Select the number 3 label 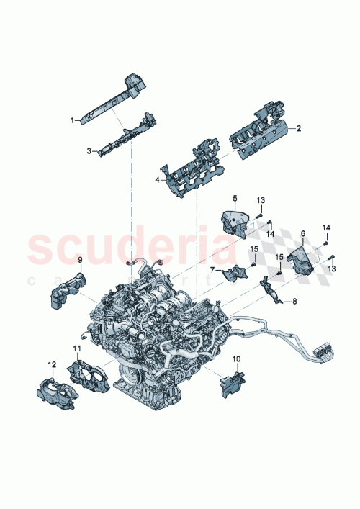coord(89,151)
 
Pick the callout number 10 coord(235,357)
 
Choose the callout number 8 coord(294,302)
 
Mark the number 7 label coord(212,271)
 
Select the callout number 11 coord(76,348)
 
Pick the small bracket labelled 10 coord(231,380)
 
